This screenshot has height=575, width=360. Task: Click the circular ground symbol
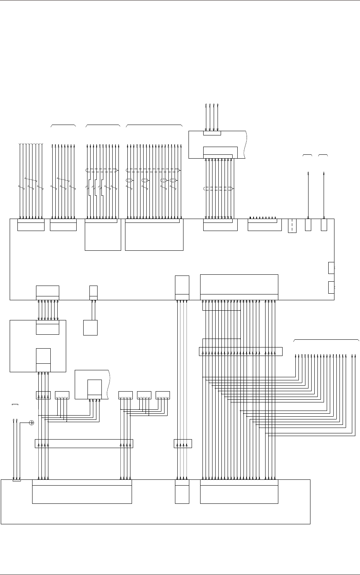(32, 423)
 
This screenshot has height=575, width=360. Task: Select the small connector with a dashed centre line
(292, 226)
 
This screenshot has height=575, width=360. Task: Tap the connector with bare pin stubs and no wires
(264, 224)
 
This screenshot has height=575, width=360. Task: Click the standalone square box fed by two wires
(90, 328)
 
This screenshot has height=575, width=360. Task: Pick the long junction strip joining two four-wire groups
(84, 443)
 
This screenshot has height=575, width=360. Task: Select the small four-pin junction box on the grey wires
(183, 443)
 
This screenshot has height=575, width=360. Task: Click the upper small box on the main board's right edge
(331, 268)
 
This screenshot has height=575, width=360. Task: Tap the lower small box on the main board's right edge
(331, 288)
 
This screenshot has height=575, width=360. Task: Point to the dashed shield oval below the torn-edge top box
(219, 189)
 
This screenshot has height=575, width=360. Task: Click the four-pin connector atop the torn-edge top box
(212, 133)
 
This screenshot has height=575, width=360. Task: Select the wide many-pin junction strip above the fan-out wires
(240, 352)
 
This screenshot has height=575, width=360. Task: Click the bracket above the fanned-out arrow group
(326, 340)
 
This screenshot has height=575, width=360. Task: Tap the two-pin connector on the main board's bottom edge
(93, 292)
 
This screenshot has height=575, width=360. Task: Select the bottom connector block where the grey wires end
(182, 491)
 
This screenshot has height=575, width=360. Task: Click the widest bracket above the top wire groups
(154, 125)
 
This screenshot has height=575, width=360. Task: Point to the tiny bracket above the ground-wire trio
(15, 405)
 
